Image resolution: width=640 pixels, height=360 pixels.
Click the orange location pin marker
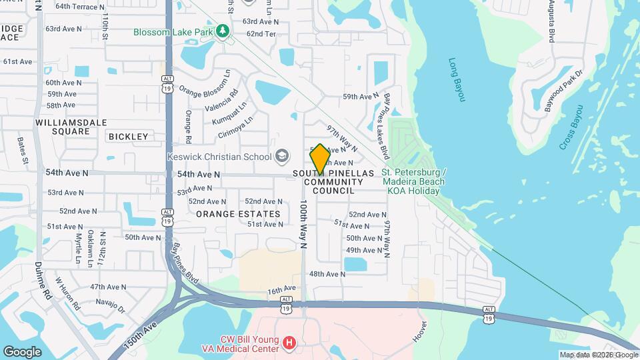(x=320, y=159)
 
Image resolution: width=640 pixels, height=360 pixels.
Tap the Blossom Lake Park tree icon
(x=224, y=31)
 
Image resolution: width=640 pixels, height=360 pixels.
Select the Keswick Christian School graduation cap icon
(x=282, y=157)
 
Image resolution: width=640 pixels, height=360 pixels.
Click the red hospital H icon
(x=289, y=343)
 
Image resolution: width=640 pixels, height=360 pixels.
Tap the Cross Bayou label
(x=571, y=127)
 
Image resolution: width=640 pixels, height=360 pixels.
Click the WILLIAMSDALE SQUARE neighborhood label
(x=63, y=127)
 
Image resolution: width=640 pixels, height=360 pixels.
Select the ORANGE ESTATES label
(x=238, y=214)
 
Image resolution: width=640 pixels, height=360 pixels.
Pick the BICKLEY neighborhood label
(x=128, y=137)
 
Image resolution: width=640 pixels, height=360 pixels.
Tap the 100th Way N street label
(x=303, y=224)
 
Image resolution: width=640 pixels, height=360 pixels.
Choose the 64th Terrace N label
(x=80, y=7)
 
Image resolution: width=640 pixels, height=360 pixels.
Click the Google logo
(x=22, y=351)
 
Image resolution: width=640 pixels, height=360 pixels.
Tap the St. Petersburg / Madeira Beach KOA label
(x=414, y=181)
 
